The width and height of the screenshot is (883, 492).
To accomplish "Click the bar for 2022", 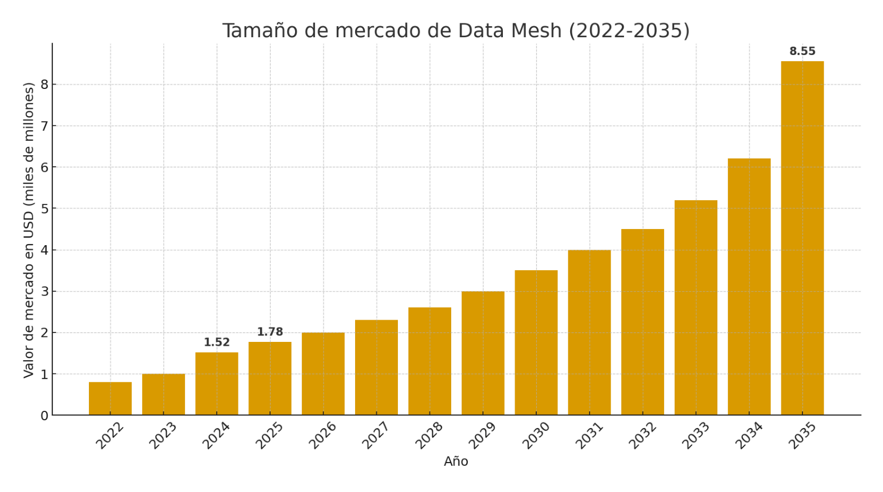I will (110, 399).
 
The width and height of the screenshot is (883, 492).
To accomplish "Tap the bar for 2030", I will (536, 342).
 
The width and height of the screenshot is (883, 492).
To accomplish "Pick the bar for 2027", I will (376, 367).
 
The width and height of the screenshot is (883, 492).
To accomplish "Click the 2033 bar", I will (696, 307).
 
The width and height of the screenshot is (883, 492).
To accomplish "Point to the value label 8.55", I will (802, 52).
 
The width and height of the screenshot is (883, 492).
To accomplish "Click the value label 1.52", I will (217, 342).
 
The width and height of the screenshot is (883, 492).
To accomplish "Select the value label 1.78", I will (270, 332).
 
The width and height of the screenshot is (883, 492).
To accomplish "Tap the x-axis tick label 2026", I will (323, 435).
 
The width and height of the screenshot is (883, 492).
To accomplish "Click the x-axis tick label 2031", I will (589, 435).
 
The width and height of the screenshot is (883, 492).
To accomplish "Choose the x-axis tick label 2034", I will (749, 435).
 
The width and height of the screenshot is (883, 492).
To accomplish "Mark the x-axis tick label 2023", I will (163, 435).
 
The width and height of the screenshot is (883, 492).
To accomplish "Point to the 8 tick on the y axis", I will (44, 85).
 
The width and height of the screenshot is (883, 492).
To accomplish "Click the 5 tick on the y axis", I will (44, 208).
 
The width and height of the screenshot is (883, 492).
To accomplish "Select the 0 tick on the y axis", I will (44, 416).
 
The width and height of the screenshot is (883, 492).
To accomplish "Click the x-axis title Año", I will (456, 461).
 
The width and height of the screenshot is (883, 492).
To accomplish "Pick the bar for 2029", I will (483, 353).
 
